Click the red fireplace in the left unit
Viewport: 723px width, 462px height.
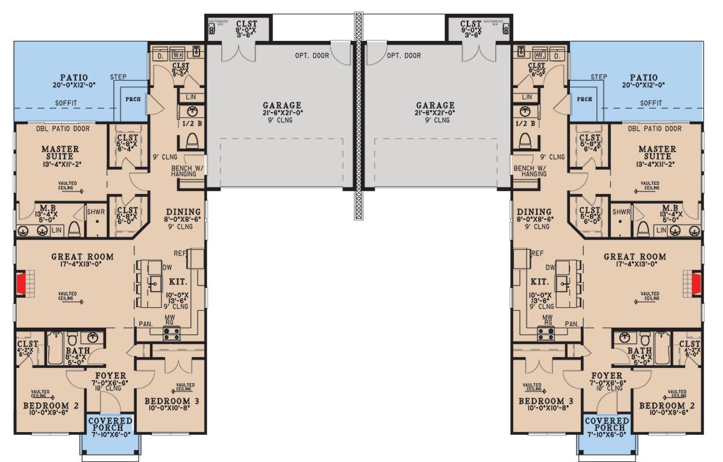click(21, 283)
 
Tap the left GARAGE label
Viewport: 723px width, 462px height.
click(282, 105)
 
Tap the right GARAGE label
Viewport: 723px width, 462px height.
click(435, 105)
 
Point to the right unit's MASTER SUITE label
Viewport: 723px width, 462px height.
click(657, 153)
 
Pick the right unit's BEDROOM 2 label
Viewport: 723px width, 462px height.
click(667, 405)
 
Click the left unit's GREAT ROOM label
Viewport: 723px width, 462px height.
click(82, 257)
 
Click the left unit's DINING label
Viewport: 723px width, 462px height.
click(183, 212)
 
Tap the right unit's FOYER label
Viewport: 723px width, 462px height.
click(607, 376)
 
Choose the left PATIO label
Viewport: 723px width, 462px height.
click(74, 78)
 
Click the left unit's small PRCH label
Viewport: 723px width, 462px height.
click(133, 99)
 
